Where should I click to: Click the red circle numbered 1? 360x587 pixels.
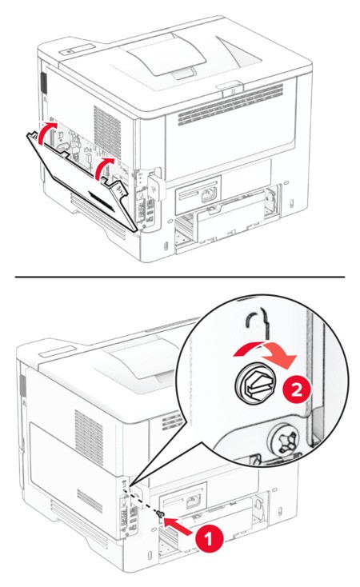pyautogui.click(x=209, y=540)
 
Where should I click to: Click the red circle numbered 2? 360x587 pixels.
pyautogui.click(x=296, y=391)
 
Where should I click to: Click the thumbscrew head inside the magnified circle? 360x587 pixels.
pyautogui.click(x=255, y=385)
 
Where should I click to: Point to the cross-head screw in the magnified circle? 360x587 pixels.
pyautogui.click(x=283, y=440)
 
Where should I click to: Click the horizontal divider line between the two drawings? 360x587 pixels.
pyautogui.click(x=180, y=277)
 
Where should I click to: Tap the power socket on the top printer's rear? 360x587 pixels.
pyautogui.click(x=208, y=195)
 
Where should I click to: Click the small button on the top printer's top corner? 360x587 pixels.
pyautogui.click(x=68, y=51)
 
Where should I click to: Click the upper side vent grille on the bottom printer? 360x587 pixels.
pyautogui.click(x=89, y=437)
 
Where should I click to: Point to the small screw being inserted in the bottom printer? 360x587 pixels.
pyautogui.click(x=161, y=515)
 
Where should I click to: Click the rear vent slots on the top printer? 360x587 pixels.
pyautogui.click(x=230, y=105)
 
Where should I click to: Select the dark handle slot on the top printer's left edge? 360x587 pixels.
pyautogui.click(x=43, y=83)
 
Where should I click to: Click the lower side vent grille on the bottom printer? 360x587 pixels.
pyautogui.click(x=90, y=501)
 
